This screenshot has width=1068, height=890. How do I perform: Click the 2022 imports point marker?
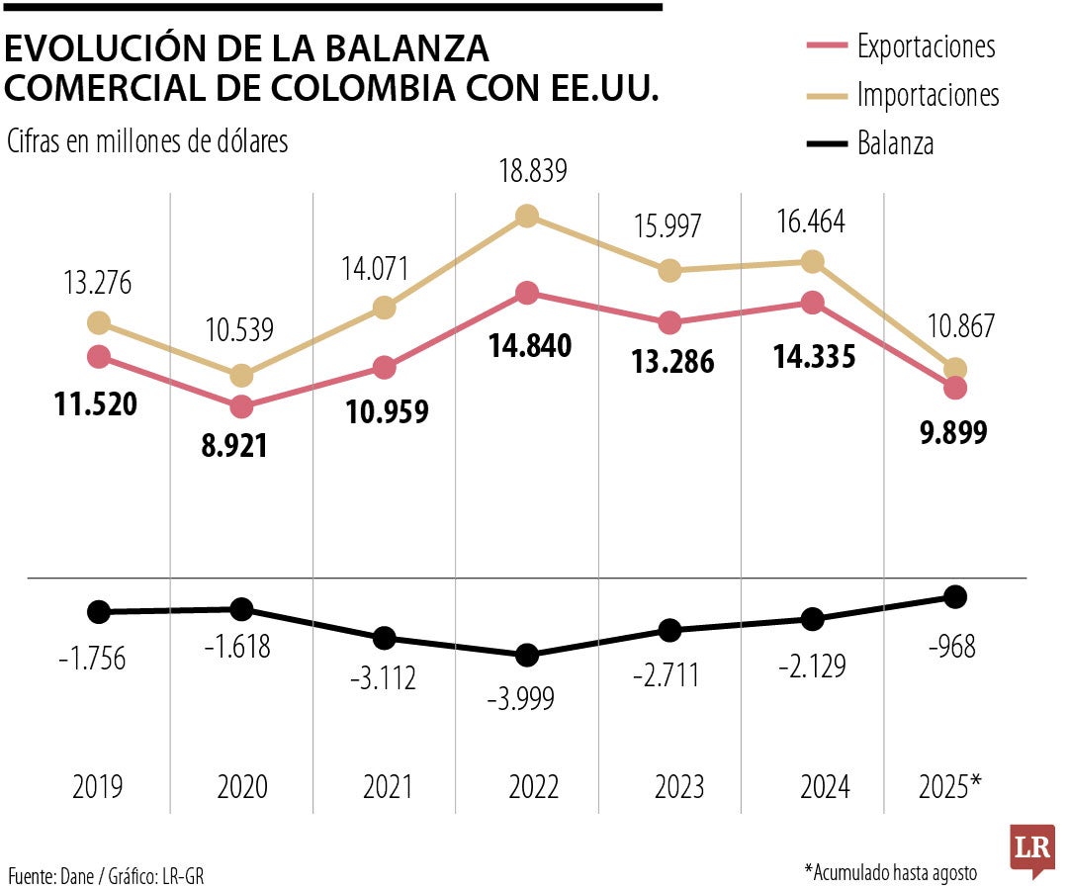coord(527,216)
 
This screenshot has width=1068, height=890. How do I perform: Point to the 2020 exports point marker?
coord(240,406)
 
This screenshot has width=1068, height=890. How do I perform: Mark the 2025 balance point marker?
coord(954,595)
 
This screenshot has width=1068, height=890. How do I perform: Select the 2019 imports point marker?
coord(98,322)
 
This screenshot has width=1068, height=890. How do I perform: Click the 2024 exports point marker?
coord(812,303)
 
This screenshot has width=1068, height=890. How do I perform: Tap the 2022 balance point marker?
coord(527,655)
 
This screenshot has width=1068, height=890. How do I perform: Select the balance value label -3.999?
coord(521,699)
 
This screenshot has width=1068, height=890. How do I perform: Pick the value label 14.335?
coord(814,357)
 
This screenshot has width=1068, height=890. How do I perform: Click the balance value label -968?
coord(951,648)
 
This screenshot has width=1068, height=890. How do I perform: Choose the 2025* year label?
coord(950,787)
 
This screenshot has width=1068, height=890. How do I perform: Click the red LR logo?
coord(1031,849)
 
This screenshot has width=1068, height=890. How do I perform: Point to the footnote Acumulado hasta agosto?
coord(890,872)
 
